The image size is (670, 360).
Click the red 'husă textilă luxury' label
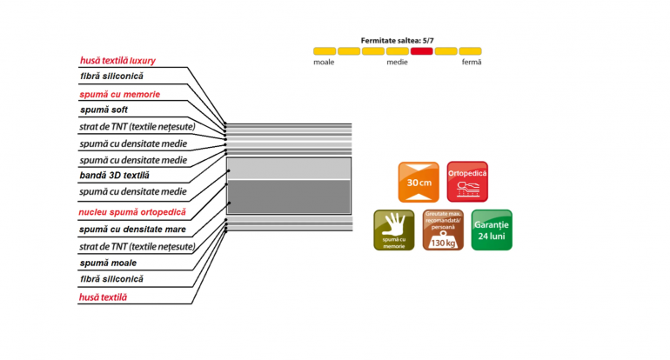click(117, 61)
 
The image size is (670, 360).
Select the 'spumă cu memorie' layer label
click(120, 95)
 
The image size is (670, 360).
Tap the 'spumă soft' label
click(104, 110)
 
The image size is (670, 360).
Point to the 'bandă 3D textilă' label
click(115, 175)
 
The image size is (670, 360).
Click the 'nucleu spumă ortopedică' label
click(132, 212)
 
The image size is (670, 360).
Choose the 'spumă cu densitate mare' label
click(132, 230)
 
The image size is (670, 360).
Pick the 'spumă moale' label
click(108, 263)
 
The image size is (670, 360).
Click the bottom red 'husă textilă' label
click(103, 297)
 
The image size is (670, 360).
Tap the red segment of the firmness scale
click(422, 51)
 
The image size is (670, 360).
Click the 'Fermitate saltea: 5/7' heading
click(398, 41)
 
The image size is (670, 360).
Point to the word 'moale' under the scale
click(324, 62)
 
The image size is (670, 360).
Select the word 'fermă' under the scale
click(472, 62)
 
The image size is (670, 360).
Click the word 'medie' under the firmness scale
click(398, 62)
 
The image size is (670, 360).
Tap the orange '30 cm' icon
click(419, 182)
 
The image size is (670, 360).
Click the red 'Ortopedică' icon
click(467, 182)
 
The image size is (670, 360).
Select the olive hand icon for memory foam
click(394, 230)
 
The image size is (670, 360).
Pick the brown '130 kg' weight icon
click(443, 230)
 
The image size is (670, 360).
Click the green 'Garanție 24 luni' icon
click(492, 230)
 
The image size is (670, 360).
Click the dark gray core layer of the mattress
click(289, 196)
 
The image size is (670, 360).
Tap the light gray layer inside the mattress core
click(289, 169)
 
